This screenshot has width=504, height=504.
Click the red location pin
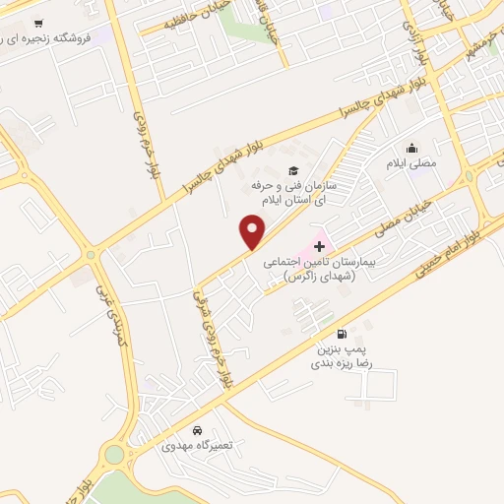pyautogui.click(x=253, y=231)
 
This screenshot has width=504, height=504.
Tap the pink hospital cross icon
pyautogui.click(x=318, y=245)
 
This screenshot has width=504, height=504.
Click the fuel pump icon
pyautogui.click(x=342, y=334)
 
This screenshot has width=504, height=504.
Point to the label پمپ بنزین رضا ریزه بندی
pyautogui.click(x=344, y=356)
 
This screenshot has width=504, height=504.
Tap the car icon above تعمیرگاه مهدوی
pyautogui.click(x=198, y=431)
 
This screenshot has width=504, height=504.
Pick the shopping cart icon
pyautogui.click(x=37, y=23)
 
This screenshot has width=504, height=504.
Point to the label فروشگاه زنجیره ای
pyautogui.click(x=45, y=37)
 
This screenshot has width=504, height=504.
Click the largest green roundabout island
pyautogui.click(x=115, y=456)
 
